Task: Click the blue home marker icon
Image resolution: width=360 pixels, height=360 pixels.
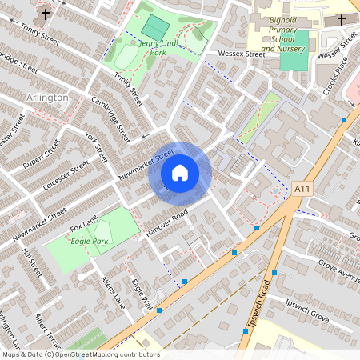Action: point(180,172)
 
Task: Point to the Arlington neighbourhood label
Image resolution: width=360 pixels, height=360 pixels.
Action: point(47,97)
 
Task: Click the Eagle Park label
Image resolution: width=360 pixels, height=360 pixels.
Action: point(89,240)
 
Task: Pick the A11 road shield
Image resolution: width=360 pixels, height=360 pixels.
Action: point(301,187)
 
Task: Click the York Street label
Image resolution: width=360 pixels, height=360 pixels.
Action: point(95,147)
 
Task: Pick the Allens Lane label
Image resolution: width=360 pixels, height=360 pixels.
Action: point(114,291)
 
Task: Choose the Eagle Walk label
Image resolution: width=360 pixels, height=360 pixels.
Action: point(142,295)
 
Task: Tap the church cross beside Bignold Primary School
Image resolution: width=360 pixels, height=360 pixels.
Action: point(342,18)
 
